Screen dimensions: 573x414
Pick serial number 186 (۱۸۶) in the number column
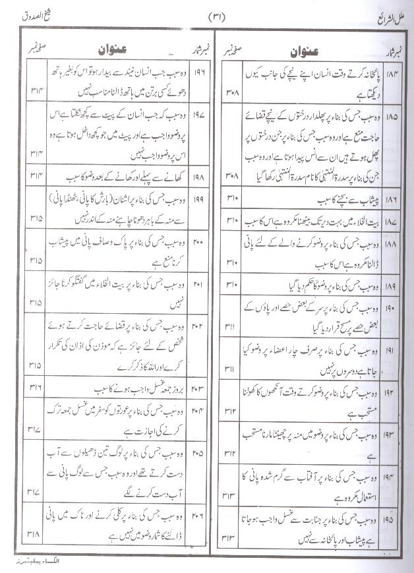coord(394,197)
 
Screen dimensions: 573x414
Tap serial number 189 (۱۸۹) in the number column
coord(394,285)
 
